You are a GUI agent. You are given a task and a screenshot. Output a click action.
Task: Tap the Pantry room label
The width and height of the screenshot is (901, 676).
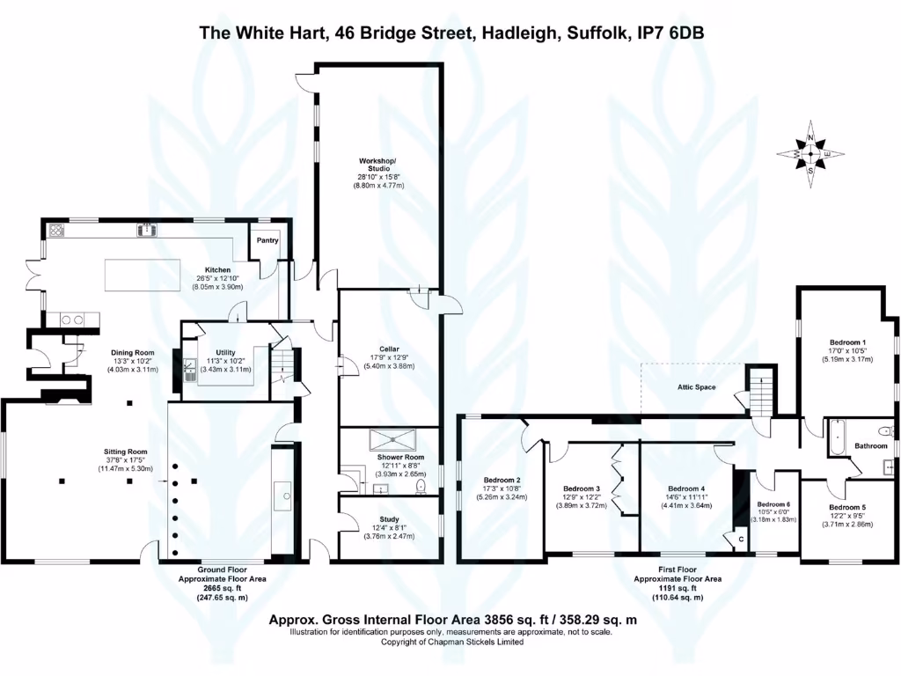(x=267, y=239)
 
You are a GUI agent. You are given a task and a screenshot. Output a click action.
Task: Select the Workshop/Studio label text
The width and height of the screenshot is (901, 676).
(x=378, y=166)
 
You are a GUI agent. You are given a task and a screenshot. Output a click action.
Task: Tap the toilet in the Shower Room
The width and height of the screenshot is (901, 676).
(x=422, y=486)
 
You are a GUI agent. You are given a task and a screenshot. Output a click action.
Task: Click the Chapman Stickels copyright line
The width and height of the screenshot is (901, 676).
(x=451, y=643)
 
